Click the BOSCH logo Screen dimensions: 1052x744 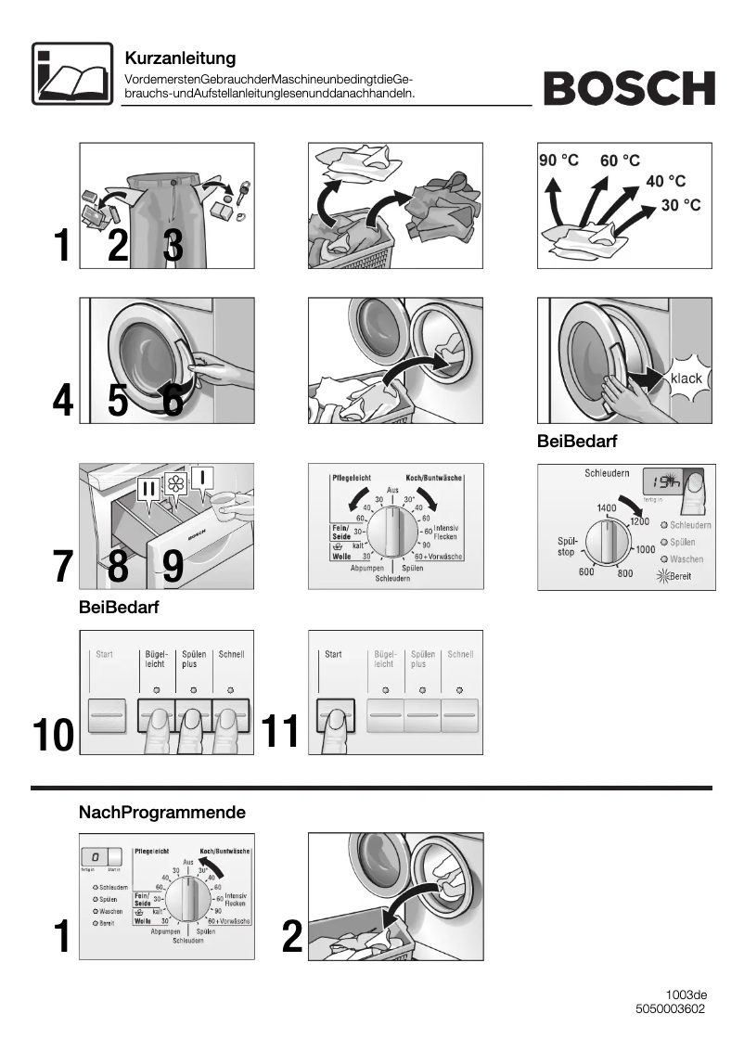click(629, 89)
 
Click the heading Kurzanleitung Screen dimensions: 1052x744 click(180, 58)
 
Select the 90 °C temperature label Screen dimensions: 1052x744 click(558, 160)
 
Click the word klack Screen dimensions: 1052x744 click(686, 378)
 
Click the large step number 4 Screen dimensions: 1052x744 click(62, 401)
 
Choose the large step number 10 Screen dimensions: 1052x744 click(53, 735)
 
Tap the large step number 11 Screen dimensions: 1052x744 click(281, 732)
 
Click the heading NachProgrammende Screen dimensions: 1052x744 click(162, 813)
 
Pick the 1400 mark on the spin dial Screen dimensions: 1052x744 click(606, 508)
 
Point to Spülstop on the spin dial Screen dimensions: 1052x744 click(568, 546)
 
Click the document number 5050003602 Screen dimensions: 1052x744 click(671, 1009)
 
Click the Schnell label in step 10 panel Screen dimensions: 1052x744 click(231, 654)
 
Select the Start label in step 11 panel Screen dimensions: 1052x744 click(333, 654)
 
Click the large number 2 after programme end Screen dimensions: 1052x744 click(292, 939)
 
